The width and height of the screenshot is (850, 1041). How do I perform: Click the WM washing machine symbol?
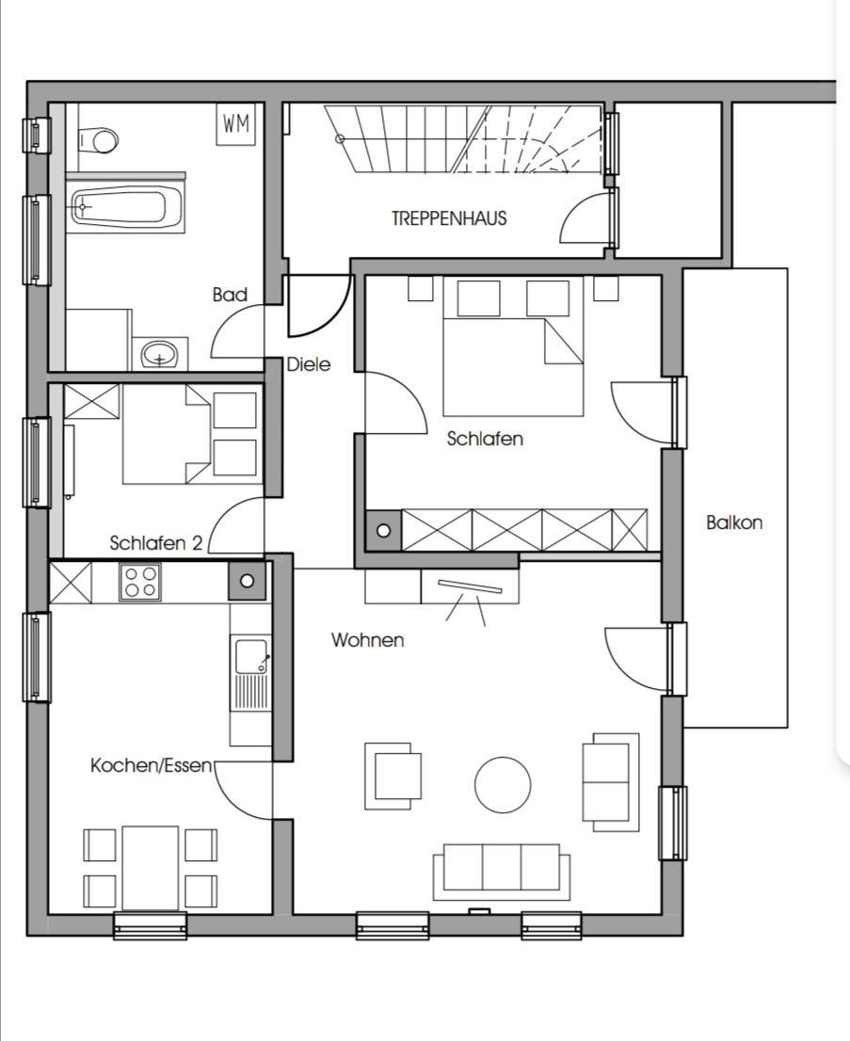pyautogui.click(x=236, y=124)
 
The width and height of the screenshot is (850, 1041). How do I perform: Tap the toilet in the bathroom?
pyautogui.click(x=98, y=141)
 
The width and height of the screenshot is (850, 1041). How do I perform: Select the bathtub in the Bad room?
pyautogui.click(x=119, y=207)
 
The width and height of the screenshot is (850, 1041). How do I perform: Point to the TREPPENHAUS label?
pyautogui.click(x=449, y=218)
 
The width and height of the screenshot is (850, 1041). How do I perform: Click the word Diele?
pyautogui.click(x=309, y=364)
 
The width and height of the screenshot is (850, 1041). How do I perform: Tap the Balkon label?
pyautogui.click(x=734, y=522)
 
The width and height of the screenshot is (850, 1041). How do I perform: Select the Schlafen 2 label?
pyautogui.click(x=156, y=543)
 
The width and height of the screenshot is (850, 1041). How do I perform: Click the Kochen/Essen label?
pyautogui.click(x=151, y=765)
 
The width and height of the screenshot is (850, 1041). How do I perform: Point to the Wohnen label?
pyautogui.click(x=368, y=640)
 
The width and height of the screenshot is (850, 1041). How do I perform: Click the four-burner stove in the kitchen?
pyautogui.click(x=140, y=583)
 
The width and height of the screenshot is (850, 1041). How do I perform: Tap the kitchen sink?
pyautogui.click(x=250, y=672)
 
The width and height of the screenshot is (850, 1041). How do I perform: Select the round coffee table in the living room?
pyautogui.click(x=503, y=785)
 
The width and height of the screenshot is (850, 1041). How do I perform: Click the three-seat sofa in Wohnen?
pyautogui.click(x=502, y=872)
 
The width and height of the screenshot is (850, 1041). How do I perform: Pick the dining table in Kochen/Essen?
pyautogui.click(x=150, y=868)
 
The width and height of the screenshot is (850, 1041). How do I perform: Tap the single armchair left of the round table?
pyautogui.click(x=393, y=777)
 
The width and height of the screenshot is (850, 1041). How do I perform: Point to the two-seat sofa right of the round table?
pyautogui.click(x=610, y=782)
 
